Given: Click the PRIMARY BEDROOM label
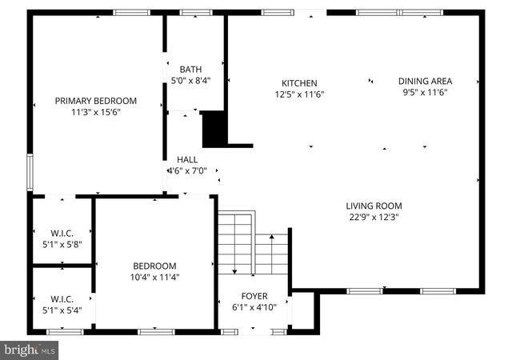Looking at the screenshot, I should [x=95, y=101].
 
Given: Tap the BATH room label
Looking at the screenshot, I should [x=190, y=69].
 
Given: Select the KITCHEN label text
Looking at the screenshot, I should [x=299, y=83].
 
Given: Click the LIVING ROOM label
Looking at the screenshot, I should [x=373, y=205].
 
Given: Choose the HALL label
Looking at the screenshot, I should [x=187, y=159].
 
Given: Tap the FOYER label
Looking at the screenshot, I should [x=254, y=296].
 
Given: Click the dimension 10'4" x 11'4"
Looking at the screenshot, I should [x=154, y=278].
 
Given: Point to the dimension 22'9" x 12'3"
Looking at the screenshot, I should [x=373, y=216].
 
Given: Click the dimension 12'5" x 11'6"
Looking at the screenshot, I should [x=299, y=94].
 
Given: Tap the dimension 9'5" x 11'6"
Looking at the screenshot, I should [x=425, y=92].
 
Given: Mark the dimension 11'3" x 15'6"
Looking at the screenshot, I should [x=95, y=112].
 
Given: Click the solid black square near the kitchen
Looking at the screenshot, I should [x=214, y=129].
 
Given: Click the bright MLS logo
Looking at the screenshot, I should [x=30, y=350].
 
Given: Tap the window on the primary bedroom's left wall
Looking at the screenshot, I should [x=30, y=170].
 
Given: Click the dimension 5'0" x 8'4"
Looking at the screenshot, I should [x=190, y=80].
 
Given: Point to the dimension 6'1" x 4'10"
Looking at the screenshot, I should [x=254, y=307].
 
